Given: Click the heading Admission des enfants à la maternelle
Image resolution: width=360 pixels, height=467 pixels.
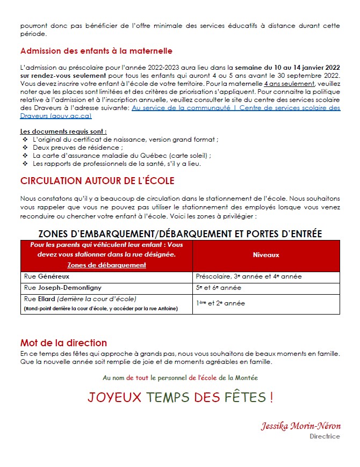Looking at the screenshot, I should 96,52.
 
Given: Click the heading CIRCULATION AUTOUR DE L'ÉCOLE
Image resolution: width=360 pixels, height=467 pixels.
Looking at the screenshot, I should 97,181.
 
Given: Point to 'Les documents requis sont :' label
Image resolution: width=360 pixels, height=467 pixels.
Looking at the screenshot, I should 63,132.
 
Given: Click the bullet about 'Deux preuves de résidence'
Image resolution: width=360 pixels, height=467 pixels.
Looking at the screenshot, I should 78,148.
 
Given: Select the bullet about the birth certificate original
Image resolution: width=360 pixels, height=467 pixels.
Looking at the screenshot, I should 125,140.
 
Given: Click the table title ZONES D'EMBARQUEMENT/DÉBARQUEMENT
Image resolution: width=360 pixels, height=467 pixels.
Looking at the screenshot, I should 180,233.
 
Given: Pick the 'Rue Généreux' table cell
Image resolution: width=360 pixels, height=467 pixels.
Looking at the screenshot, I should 47,276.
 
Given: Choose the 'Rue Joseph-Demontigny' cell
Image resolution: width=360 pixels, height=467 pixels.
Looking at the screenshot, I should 62,288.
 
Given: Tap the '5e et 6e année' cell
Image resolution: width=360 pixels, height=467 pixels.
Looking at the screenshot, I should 219,288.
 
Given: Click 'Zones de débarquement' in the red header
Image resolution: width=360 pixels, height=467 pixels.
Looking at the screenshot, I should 106,265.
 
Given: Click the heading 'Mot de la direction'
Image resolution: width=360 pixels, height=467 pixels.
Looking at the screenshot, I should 63,343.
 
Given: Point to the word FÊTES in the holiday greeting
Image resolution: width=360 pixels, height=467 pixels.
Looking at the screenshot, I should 244,398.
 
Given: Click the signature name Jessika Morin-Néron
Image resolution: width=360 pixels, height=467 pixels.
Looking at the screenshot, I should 300,426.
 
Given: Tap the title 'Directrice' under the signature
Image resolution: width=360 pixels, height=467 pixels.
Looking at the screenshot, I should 325,436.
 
